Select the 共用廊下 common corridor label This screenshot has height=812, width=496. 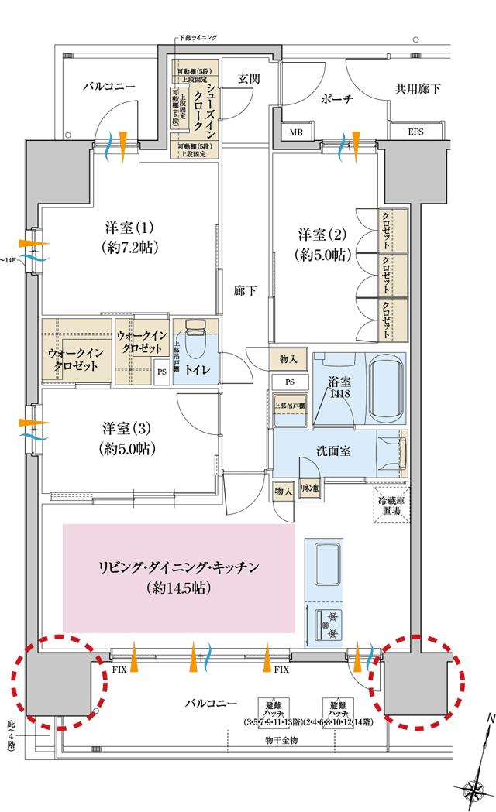pyautogui.click(x=418, y=89)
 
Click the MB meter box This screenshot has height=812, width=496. pyautogui.click(x=296, y=132)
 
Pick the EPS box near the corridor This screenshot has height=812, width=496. pyautogui.click(x=416, y=132)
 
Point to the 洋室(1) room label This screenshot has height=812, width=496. pyautogui.click(x=130, y=238)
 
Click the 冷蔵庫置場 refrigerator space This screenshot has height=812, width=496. pyautogui.click(x=391, y=504)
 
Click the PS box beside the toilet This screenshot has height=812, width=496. pyautogui.click(x=162, y=371)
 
